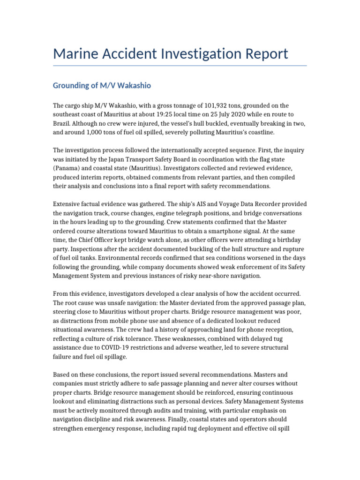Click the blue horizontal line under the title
coord(180,66)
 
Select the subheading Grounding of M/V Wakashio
coord(102,86)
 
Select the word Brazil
coord(63,124)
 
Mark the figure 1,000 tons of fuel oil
coord(95,133)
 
